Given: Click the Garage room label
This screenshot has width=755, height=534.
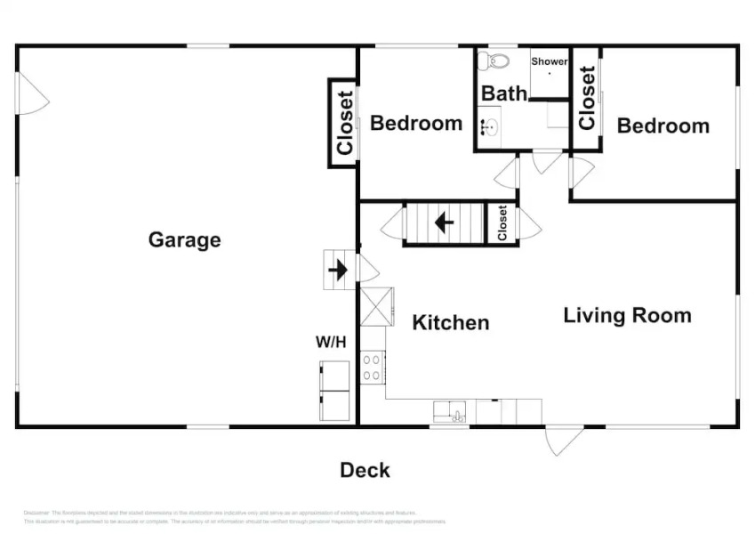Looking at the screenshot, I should point(184,239).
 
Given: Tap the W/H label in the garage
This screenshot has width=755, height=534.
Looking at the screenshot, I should point(331,342).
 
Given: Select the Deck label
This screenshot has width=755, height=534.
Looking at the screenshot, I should point(365,470).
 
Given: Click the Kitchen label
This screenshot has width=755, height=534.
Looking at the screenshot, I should point(450,322).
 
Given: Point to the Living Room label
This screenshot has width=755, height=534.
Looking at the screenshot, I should point(627,315).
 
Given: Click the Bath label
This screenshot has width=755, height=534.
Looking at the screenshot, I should point(504,93).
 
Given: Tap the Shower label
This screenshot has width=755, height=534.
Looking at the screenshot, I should point(550,61).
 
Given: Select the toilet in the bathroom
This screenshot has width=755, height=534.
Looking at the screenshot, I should point(492,61).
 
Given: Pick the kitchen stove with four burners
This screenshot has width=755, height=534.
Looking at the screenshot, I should point(373,367).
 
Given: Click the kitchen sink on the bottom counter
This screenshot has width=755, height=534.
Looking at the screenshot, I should point(449,412).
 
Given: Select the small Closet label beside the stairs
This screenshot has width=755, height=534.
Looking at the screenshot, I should point(502,222).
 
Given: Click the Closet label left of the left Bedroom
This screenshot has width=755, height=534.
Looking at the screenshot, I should point(344,123).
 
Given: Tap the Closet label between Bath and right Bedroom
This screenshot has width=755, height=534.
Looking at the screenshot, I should point(587,98).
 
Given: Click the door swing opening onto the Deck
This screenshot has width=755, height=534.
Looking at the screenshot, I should point(563,440).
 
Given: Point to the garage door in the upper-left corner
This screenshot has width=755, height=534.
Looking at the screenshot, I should point(32,93).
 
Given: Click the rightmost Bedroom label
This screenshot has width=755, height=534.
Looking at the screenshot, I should point(663,125).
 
